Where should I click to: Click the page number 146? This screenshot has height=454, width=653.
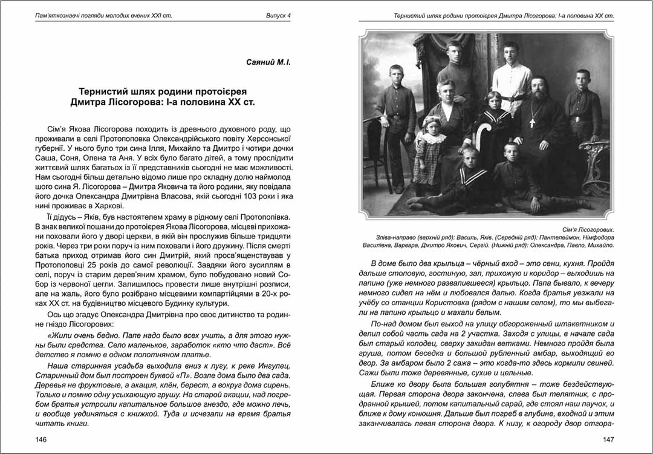(42, 439)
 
